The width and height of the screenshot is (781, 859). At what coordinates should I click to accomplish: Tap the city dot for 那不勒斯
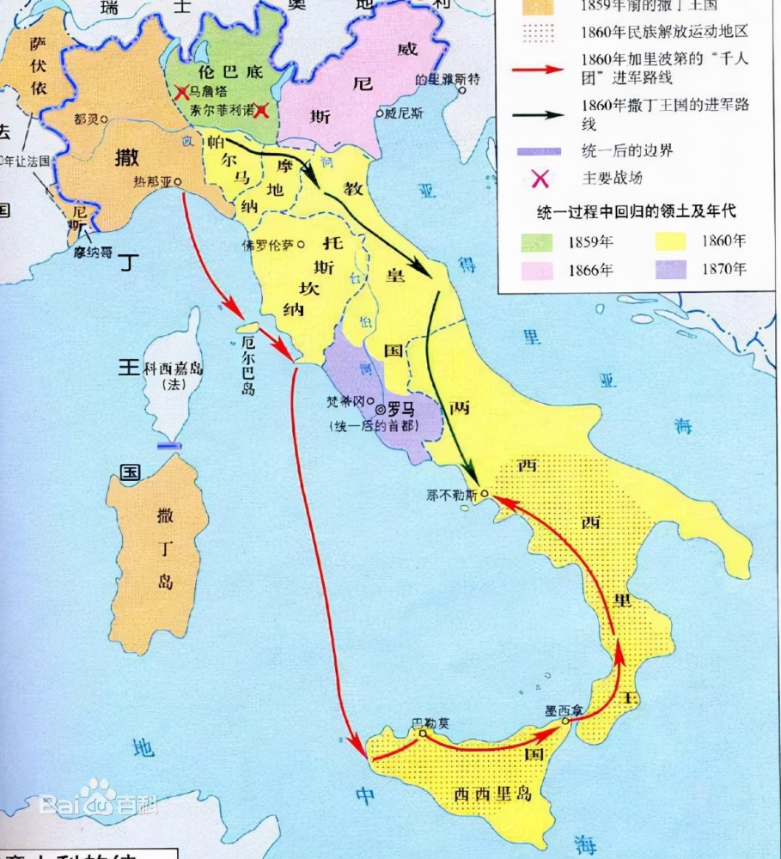pos(485,494)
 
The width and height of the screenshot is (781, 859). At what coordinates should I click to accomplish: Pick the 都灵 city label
pos(86,120)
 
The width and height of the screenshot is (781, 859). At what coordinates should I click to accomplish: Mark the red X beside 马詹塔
pos(181,91)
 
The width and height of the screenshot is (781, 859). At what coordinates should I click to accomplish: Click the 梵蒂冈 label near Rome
pos(347,401)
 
